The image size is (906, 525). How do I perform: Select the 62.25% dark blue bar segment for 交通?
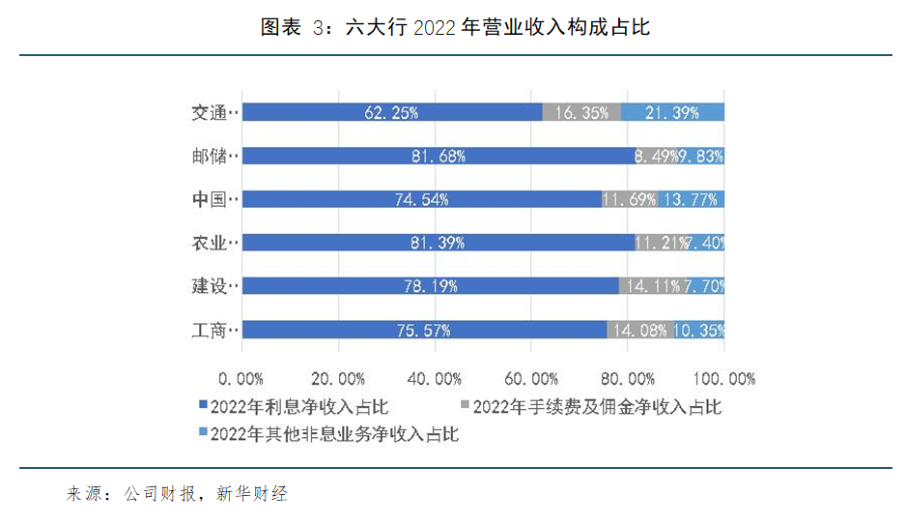(391, 113)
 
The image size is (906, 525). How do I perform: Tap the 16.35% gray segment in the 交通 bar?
(581, 113)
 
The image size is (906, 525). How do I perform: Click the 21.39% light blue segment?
(673, 113)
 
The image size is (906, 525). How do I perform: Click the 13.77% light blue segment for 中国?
(692, 199)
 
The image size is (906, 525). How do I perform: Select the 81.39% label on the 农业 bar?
(437, 243)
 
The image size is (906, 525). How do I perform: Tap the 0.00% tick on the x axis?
(241, 378)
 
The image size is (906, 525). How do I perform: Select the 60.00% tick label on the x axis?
(532, 378)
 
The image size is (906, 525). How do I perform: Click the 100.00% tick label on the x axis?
(724, 378)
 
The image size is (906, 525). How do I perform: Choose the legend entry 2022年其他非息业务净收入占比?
(333, 434)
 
